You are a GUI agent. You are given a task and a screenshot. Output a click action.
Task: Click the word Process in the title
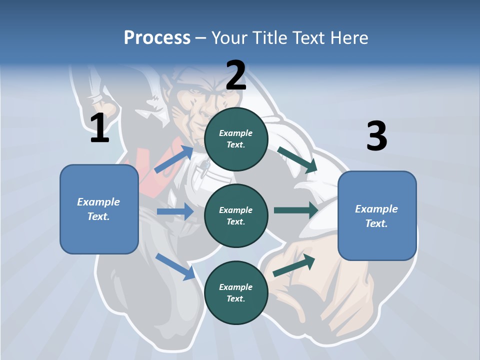157,37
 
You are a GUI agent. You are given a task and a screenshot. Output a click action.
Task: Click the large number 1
99,128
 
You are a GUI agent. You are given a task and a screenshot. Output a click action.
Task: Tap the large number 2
236,75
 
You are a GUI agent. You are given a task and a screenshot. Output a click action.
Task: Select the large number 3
376,136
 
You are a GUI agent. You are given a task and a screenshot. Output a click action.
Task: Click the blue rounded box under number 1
99,209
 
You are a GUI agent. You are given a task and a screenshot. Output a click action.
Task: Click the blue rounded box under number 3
377,215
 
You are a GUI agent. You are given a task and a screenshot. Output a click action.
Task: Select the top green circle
236,139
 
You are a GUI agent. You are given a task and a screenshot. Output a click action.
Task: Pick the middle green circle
236,215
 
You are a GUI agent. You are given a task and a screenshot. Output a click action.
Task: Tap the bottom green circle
236,292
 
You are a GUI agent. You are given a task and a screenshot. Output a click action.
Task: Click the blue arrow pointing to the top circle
174,159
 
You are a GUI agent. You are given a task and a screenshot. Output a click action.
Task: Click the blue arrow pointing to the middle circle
175,211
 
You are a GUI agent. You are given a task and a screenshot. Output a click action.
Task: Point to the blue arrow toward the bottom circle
175,266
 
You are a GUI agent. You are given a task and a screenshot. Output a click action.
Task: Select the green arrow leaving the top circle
297,159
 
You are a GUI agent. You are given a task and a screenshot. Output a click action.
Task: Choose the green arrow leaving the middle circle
296,210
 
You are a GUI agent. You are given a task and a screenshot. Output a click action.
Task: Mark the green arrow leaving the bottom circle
294,265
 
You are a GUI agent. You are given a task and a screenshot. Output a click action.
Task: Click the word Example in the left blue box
98,202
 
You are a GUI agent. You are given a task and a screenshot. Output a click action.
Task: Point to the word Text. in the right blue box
376,223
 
